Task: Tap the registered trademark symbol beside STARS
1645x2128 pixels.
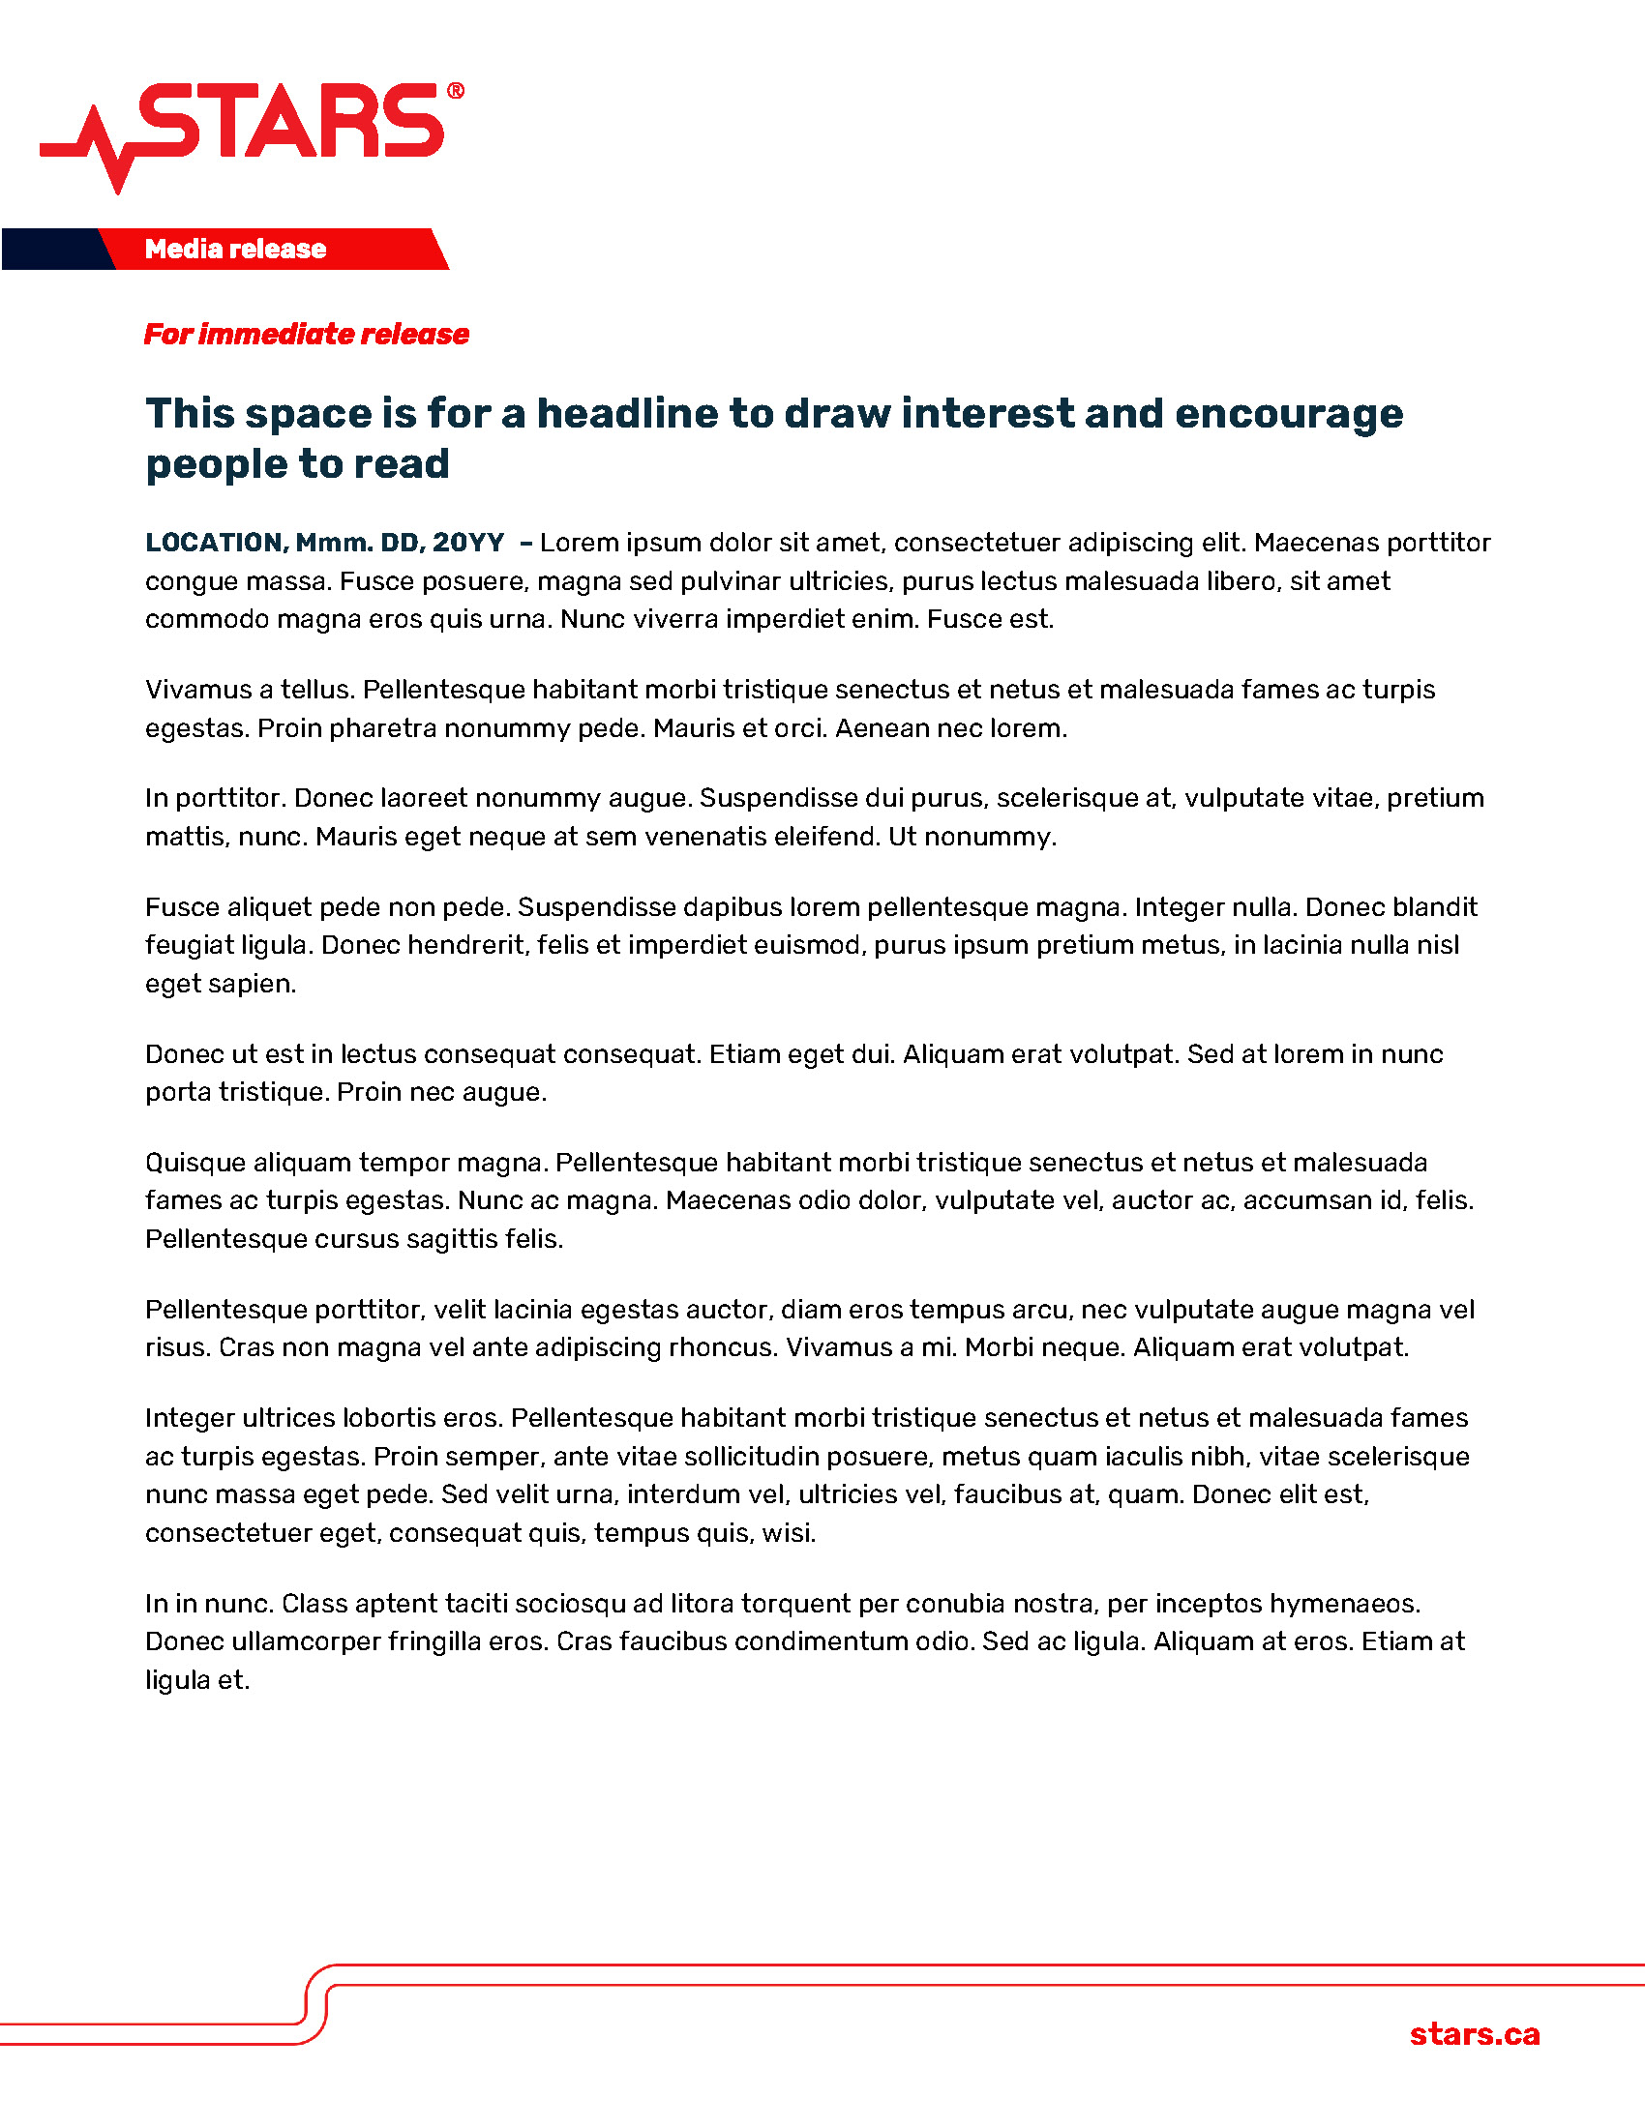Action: point(455,92)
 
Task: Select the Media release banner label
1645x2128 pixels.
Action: point(236,250)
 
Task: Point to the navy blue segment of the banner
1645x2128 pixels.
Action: point(53,250)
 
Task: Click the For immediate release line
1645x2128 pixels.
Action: point(306,335)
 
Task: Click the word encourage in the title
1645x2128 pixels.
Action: point(1288,413)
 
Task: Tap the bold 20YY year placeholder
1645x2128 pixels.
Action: point(468,543)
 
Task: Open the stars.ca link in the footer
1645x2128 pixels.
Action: point(1475,2034)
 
